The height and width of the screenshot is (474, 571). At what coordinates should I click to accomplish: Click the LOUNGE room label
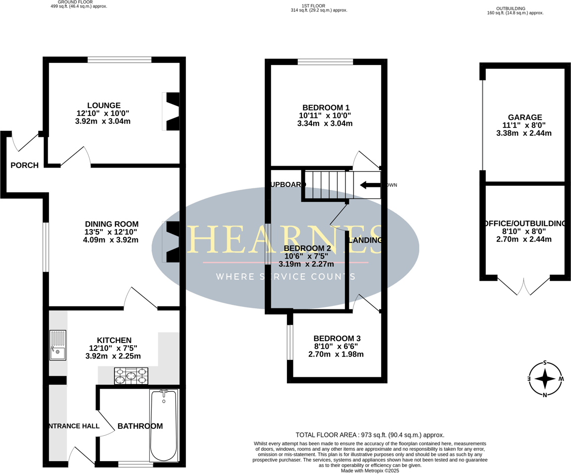[x=104, y=106]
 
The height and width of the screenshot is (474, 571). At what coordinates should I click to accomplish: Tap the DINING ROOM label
[x=112, y=224]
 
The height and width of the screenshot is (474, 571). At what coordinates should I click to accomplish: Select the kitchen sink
[x=57, y=345]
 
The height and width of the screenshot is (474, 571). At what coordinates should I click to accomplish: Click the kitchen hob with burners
[x=131, y=376]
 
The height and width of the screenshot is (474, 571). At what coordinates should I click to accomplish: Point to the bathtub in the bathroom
[x=164, y=425]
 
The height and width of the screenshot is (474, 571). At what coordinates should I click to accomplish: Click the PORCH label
[x=25, y=166]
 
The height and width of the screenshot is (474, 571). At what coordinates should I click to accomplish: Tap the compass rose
[x=545, y=378]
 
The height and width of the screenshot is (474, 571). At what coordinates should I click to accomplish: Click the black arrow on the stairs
[x=370, y=185]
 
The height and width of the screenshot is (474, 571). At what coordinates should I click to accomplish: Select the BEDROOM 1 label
[x=326, y=108]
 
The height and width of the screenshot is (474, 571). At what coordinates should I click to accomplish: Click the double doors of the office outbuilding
[x=523, y=286]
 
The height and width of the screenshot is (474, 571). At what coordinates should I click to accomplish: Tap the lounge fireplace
[x=171, y=112]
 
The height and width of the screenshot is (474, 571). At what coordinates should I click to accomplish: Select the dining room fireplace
[x=171, y=241]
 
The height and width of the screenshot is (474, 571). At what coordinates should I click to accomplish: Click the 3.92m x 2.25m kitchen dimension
[x=114, y=356]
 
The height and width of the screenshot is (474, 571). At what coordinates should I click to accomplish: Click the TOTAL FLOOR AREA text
[x=370, y=435]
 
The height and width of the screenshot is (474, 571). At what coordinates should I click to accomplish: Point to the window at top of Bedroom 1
[x=325, y=62]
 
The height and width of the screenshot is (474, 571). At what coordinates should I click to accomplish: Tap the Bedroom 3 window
[x=290, y=342]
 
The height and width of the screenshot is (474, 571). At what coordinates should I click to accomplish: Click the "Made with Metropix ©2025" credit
[x=370, y=471]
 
